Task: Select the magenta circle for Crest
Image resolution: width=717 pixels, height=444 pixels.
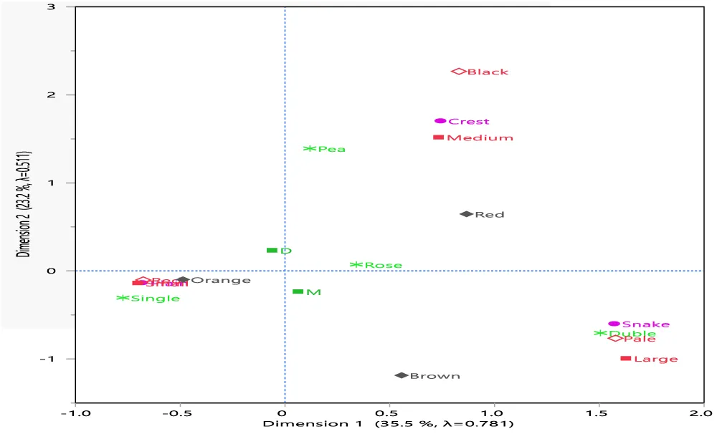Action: pos(440,121)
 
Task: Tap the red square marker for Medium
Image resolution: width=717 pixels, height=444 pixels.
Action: pos(438,137)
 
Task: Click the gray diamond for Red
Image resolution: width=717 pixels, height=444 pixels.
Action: pos(466,214)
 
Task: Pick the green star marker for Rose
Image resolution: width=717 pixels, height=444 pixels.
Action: pos(356,265)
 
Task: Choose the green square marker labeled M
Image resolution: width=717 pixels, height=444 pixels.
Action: pos(298,291)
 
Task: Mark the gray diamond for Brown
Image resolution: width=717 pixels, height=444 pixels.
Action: pos(402,375)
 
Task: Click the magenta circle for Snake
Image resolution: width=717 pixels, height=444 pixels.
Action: pos(614,324)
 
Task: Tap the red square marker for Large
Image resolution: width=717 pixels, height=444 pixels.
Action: pos(625,358)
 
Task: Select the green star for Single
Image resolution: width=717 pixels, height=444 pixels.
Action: pos(123,298)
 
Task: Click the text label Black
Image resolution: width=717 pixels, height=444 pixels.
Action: pos(488,72)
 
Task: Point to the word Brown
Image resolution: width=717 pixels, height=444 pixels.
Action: pos(435,376)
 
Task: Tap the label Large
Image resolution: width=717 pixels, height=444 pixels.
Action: pos(656,359)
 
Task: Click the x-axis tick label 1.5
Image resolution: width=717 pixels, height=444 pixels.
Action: pos(599,414)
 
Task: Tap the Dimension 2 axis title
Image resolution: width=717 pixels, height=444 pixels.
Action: pos(24,204)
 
